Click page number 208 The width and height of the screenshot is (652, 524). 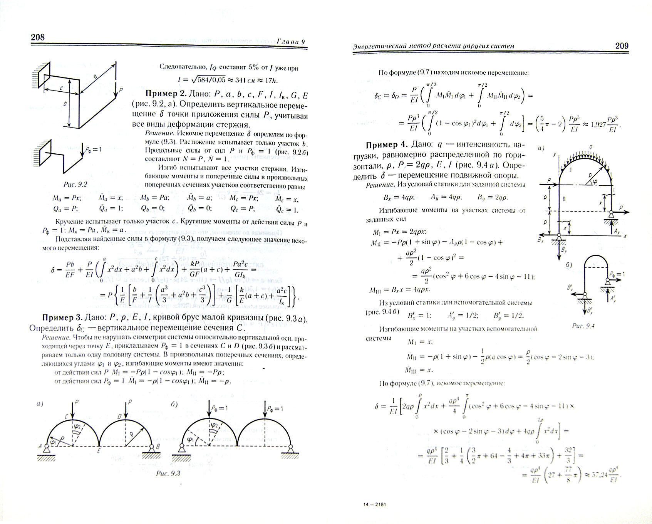coord(38,37)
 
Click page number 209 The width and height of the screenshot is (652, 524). coord(622,46)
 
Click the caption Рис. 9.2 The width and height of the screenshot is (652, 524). coord(75,184)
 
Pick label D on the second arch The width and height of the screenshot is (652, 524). coord(119,417)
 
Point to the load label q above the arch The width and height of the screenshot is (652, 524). coord(590,147)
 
